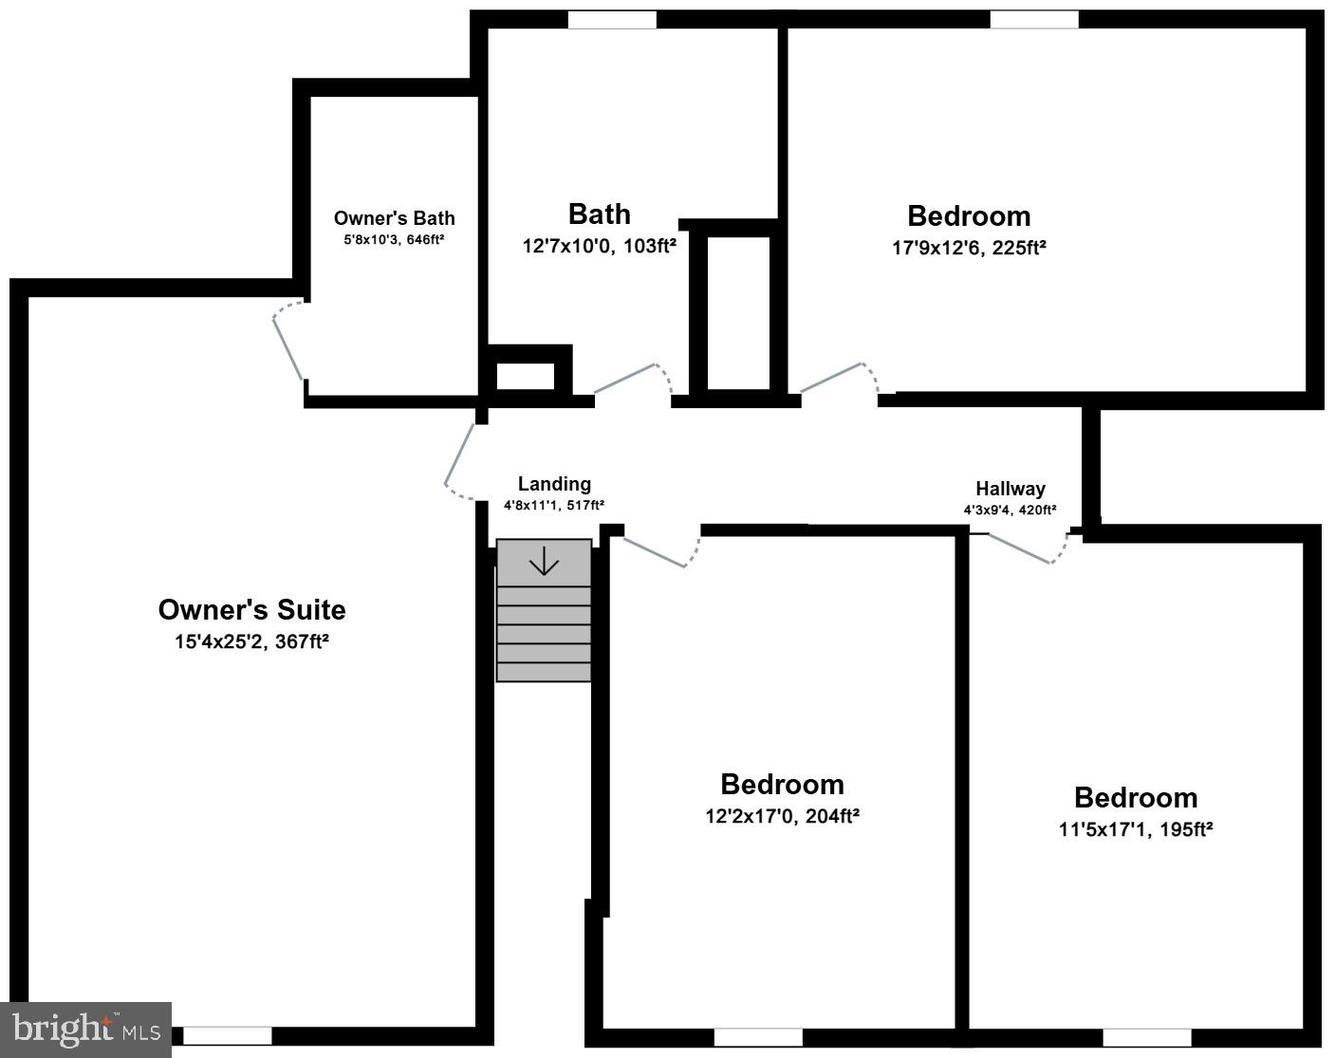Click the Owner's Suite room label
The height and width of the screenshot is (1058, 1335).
(251, 609)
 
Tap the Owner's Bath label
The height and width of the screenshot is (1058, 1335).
(394, 218)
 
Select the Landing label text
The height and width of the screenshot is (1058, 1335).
(554, 484)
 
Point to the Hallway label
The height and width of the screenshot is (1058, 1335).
(1011, 489)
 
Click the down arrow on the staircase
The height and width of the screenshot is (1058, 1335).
(544, 562)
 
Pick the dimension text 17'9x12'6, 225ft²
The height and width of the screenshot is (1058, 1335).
(969, 248)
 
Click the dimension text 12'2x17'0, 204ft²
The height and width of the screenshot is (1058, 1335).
(782, 816)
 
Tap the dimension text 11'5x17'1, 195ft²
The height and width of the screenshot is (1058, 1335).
(1136, 829)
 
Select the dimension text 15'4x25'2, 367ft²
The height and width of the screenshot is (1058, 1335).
(251, 641)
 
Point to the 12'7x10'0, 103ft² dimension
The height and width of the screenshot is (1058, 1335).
(599, 247)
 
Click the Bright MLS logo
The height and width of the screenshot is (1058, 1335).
(85, 1030)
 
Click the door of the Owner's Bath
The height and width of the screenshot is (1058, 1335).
(288, 345)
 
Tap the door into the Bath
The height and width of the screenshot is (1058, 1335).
(627, 379)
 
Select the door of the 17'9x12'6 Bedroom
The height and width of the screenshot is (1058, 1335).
(834, 378)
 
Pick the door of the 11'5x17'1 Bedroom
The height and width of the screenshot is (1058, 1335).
(1021, 548)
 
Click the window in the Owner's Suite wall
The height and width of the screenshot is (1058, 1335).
(228, 1036)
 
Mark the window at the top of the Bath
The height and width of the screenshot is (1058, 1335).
(612, 20)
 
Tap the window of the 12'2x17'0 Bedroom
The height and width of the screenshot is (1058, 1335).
(758, 1037)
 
